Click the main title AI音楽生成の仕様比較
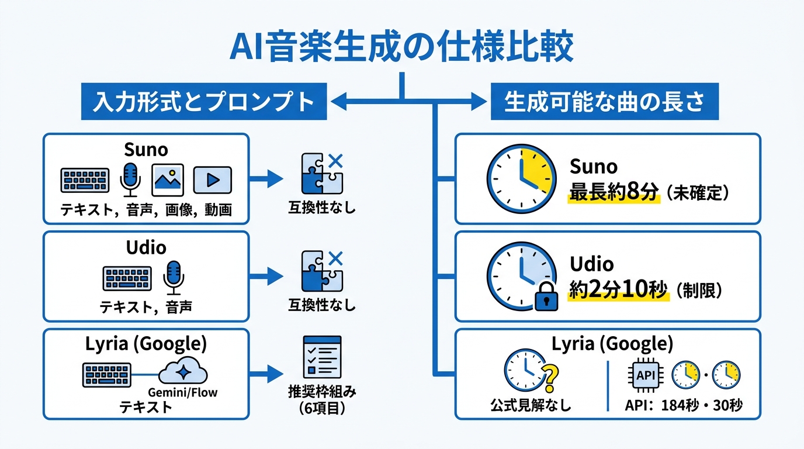[x=401, y=47]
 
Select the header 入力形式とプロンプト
[x=204, y=101]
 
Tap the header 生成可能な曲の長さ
[x=604, y=101]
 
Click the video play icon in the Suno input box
[x=213, y=180]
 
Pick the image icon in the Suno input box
[x=168, y=180]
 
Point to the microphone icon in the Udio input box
[x=174, y=277]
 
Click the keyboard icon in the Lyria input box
[x=106, y=375]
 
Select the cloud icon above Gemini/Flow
[x=183, y=371]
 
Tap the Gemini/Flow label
[x=183, y=393]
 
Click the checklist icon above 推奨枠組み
[x=322, y=357]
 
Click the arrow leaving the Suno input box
[x=266, y=179]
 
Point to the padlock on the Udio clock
[x=546, y=296]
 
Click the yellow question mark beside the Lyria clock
[x=550, y=378]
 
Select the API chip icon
[x=646, y=375]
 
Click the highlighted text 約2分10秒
[x=618, y=290]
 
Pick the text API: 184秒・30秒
[x=684, y=405]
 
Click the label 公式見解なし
[x=531, y=405]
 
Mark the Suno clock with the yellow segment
[x=522, y=179]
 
